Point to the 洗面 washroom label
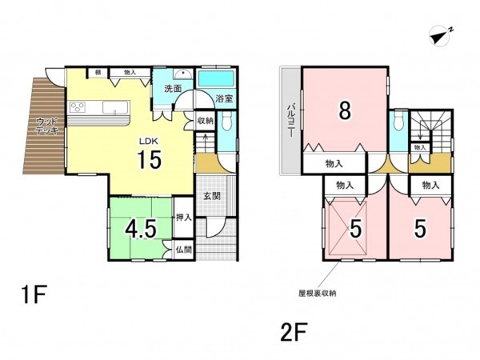pyautogui.click(x=173, y=88)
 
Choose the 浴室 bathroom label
pyautogui.click(x=224, y=98)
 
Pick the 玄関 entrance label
pyautogui.click(x=212, y=197)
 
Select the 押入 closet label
pyautogui.click(x=183, y=217)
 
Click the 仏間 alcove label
pyautogui.click(x=183, y=249)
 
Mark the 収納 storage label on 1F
pyautogui.click(x=205, y=121)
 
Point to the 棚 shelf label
pyautogui.click(x=98, y=73)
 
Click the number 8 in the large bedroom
pyautogui.click(x=344, y=111)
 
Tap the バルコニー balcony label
pyautogui.click(x=291, y=122)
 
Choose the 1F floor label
pyautogui.click(x=34, y=296)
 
